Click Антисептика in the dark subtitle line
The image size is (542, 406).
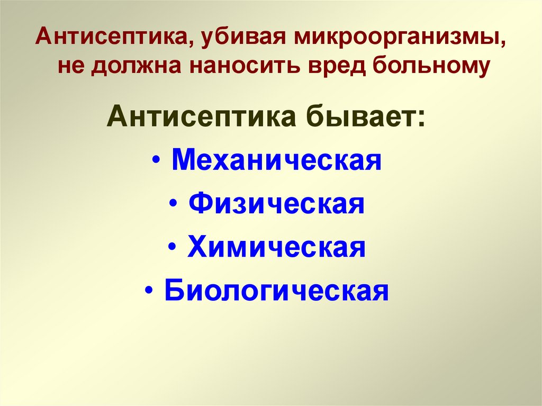[x=201, y=116]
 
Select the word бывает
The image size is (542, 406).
[x=359, y=116]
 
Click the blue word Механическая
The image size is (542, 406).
[x=277, y=160]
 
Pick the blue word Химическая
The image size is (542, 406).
[x=276, y=247]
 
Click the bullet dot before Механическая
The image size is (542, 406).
[x=160, y=161]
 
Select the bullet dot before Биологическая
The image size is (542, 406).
[x=153, y=292]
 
